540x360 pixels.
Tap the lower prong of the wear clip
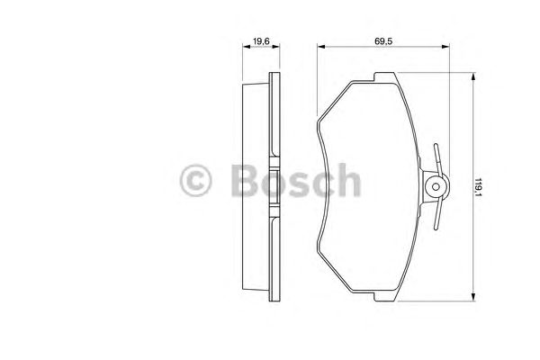coord(436,221)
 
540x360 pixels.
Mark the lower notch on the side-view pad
coord(274,216)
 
